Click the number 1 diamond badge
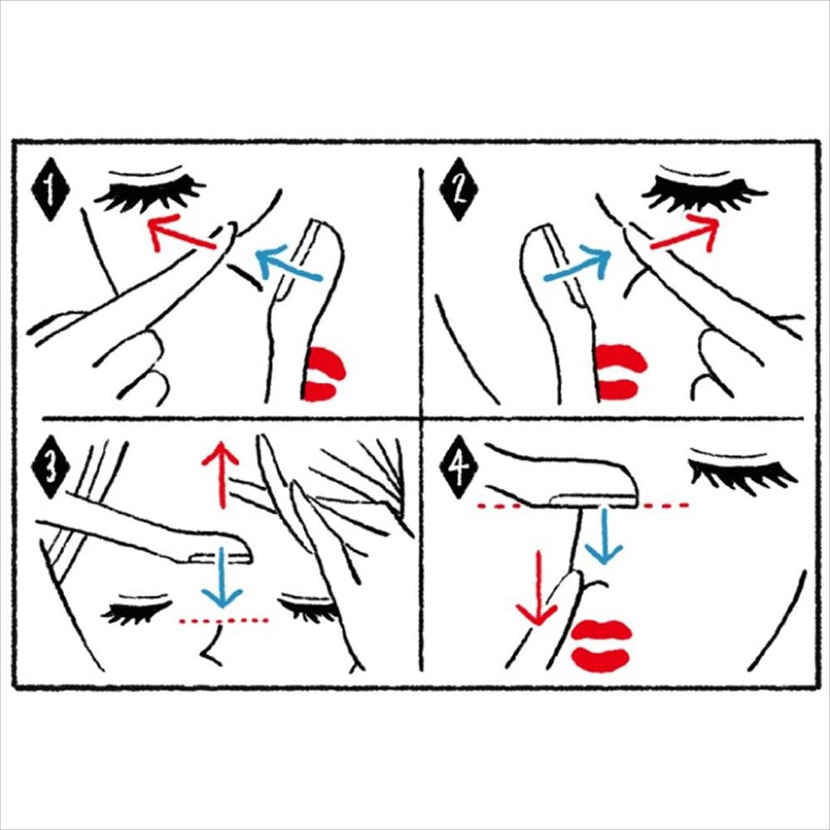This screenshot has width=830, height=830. click(50, 189)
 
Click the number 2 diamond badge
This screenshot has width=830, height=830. click(459, 189)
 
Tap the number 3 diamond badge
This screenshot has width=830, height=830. click(50, 467)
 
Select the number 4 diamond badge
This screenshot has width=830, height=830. click(459, 467)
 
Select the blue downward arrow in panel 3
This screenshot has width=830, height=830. click(222, 577)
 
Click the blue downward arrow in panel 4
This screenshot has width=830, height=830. click(604, 535)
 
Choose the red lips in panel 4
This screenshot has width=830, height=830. click(602, 645)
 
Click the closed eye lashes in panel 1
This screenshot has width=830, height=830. click(151, 193)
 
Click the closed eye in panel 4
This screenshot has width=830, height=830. click(741, 468)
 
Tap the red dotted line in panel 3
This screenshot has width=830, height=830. click(225, 620)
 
